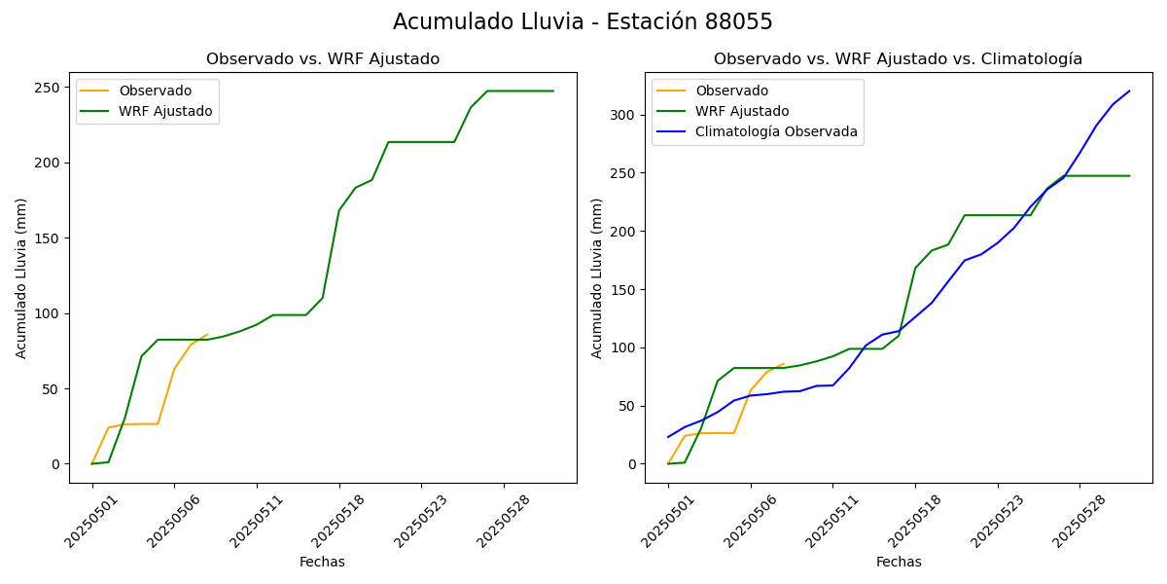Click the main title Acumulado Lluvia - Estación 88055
pyautogui.click(x=583, y=21)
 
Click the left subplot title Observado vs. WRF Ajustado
pyautogui.click(x=323, y=59)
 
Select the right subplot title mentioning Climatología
pyautogui.click(x=898, y=59)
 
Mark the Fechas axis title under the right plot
pyautogui.click(x=899, y=562)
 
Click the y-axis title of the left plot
pyautogui.click(x=21, y=277)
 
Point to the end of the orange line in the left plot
pyautogui.click(x=207, y=335)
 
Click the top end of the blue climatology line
pyautogui.click(x=1129, y=91)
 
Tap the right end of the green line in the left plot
pyautogui.click(x=553, y=91)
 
